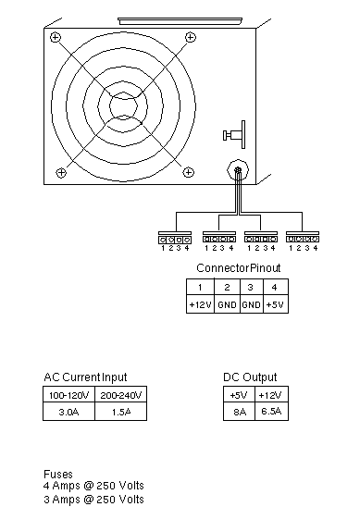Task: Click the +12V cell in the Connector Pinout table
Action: click(x=200, y=304)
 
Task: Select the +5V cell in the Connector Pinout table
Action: click(x=276, y=304)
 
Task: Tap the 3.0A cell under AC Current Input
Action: click(x=68, y=412)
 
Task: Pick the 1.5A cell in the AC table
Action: click(x=121, y=412)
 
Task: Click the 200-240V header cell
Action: click(x=121, y=395)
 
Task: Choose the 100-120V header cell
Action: click(x=68, y=395)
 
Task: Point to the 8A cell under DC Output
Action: click(x=239, y=412)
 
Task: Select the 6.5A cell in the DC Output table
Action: click(x=271, y=412)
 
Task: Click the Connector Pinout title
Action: click(x=239, y=267)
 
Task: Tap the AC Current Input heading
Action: click(x=85, y=377)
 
